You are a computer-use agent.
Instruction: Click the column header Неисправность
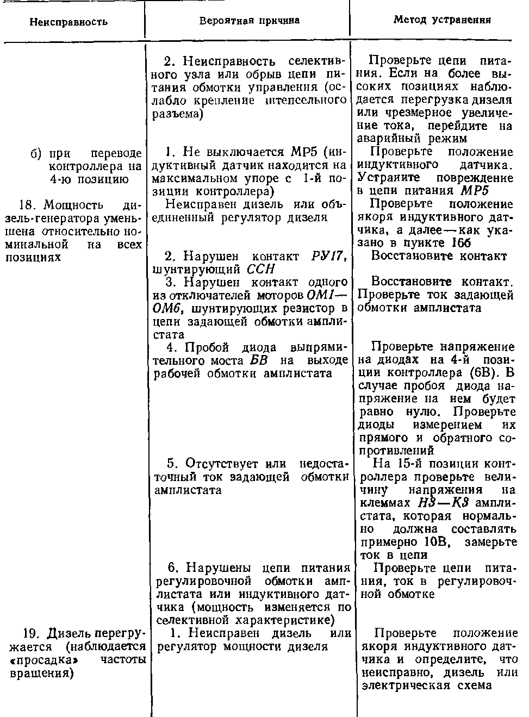coord(69,22)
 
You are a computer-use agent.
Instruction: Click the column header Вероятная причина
coord(249,21)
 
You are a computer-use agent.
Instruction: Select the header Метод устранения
coord(442,20)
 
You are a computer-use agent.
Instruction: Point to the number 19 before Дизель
coord(30,634)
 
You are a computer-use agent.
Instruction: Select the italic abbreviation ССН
coord(261,269)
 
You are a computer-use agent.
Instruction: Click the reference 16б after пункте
coord(462,242)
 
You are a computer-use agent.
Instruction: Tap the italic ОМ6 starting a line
coord(166,308)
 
